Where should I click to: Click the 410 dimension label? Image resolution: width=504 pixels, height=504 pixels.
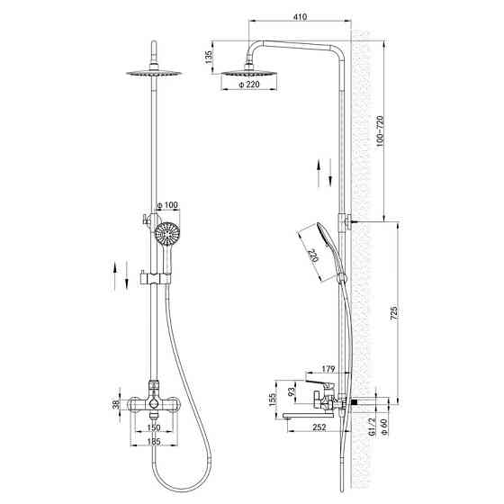pos(300,16)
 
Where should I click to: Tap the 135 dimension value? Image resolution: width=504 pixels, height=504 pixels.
pos(209,58)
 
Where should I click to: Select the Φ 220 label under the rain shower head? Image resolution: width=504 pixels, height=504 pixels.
pos(248,85)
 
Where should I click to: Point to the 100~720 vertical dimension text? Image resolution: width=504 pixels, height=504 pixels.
pos(380,131)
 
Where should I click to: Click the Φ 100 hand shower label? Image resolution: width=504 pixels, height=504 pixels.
pos(167,205)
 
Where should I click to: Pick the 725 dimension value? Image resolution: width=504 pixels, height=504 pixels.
pos(394,313)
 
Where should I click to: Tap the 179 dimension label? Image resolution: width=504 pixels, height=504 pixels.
pos(328,369)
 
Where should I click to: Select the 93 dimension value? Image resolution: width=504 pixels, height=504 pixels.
pos(292,391)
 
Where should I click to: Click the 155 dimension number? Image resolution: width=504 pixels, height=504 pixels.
pos(273,400)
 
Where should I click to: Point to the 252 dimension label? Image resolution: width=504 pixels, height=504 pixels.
pos(319,427)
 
